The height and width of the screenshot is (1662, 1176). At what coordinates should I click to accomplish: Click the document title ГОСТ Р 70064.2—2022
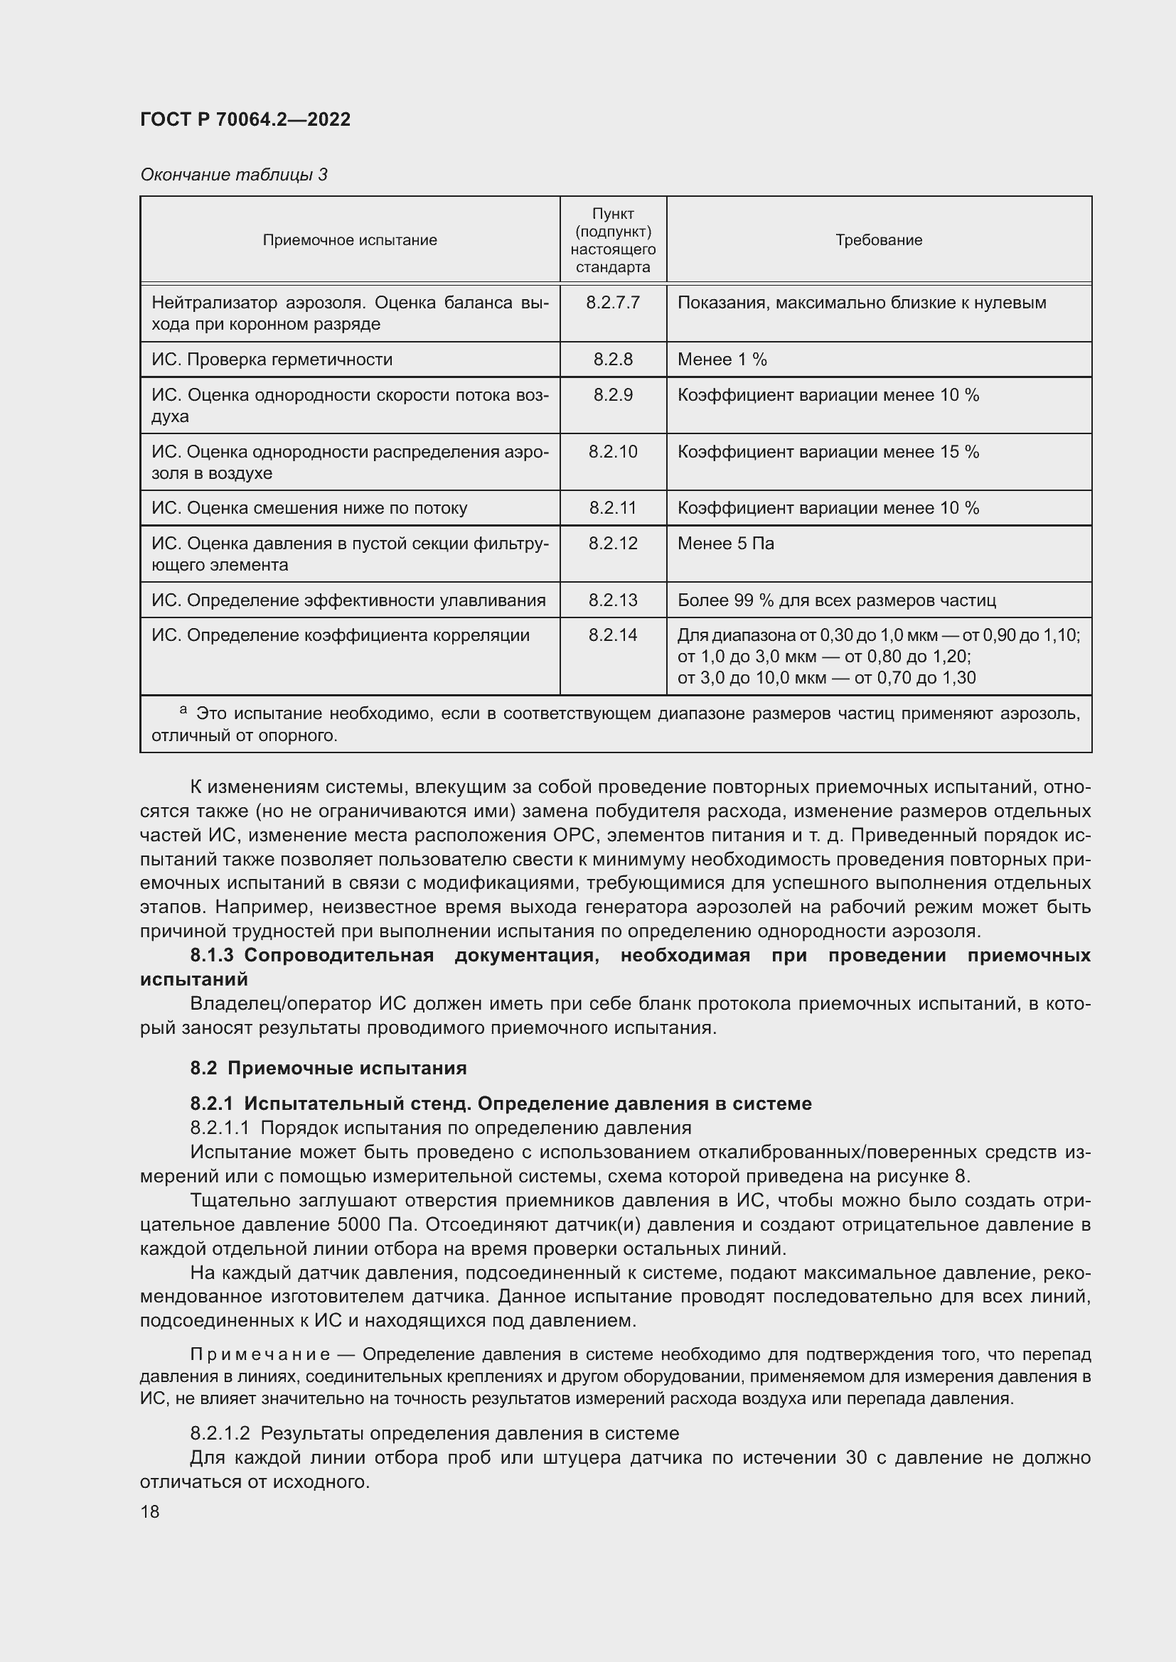coord(245,120)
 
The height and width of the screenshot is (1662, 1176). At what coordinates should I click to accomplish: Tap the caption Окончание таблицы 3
coord(233,175)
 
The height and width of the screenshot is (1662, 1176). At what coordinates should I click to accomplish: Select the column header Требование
coord(878,240)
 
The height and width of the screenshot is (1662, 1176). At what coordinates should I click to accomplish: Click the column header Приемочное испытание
coord(350,240)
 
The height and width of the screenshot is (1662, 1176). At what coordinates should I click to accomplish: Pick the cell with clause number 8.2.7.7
coord(613,303)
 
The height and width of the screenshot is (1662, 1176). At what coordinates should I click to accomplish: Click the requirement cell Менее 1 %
coord(722,360)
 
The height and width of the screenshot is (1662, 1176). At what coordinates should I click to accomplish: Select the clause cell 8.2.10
coord(613,453)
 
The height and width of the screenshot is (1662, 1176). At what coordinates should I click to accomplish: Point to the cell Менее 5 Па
coord(726,544)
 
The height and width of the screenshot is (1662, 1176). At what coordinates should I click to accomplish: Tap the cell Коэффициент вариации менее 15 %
coord(828,453)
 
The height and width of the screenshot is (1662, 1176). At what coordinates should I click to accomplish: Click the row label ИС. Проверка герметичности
coord(272,360)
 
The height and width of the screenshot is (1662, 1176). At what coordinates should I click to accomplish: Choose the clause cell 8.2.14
coord(613,635)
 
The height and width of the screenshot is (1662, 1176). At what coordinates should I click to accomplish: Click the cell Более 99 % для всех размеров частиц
coord(836,601)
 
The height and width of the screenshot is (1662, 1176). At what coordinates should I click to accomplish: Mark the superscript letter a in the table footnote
coord(183,710)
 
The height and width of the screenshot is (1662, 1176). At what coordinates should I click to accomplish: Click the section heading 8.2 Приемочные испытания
coord(328,1069)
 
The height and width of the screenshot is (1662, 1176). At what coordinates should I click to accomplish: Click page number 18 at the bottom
coord(150,1511)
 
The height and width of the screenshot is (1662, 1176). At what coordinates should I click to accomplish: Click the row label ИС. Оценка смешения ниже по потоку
coord(309,508)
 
